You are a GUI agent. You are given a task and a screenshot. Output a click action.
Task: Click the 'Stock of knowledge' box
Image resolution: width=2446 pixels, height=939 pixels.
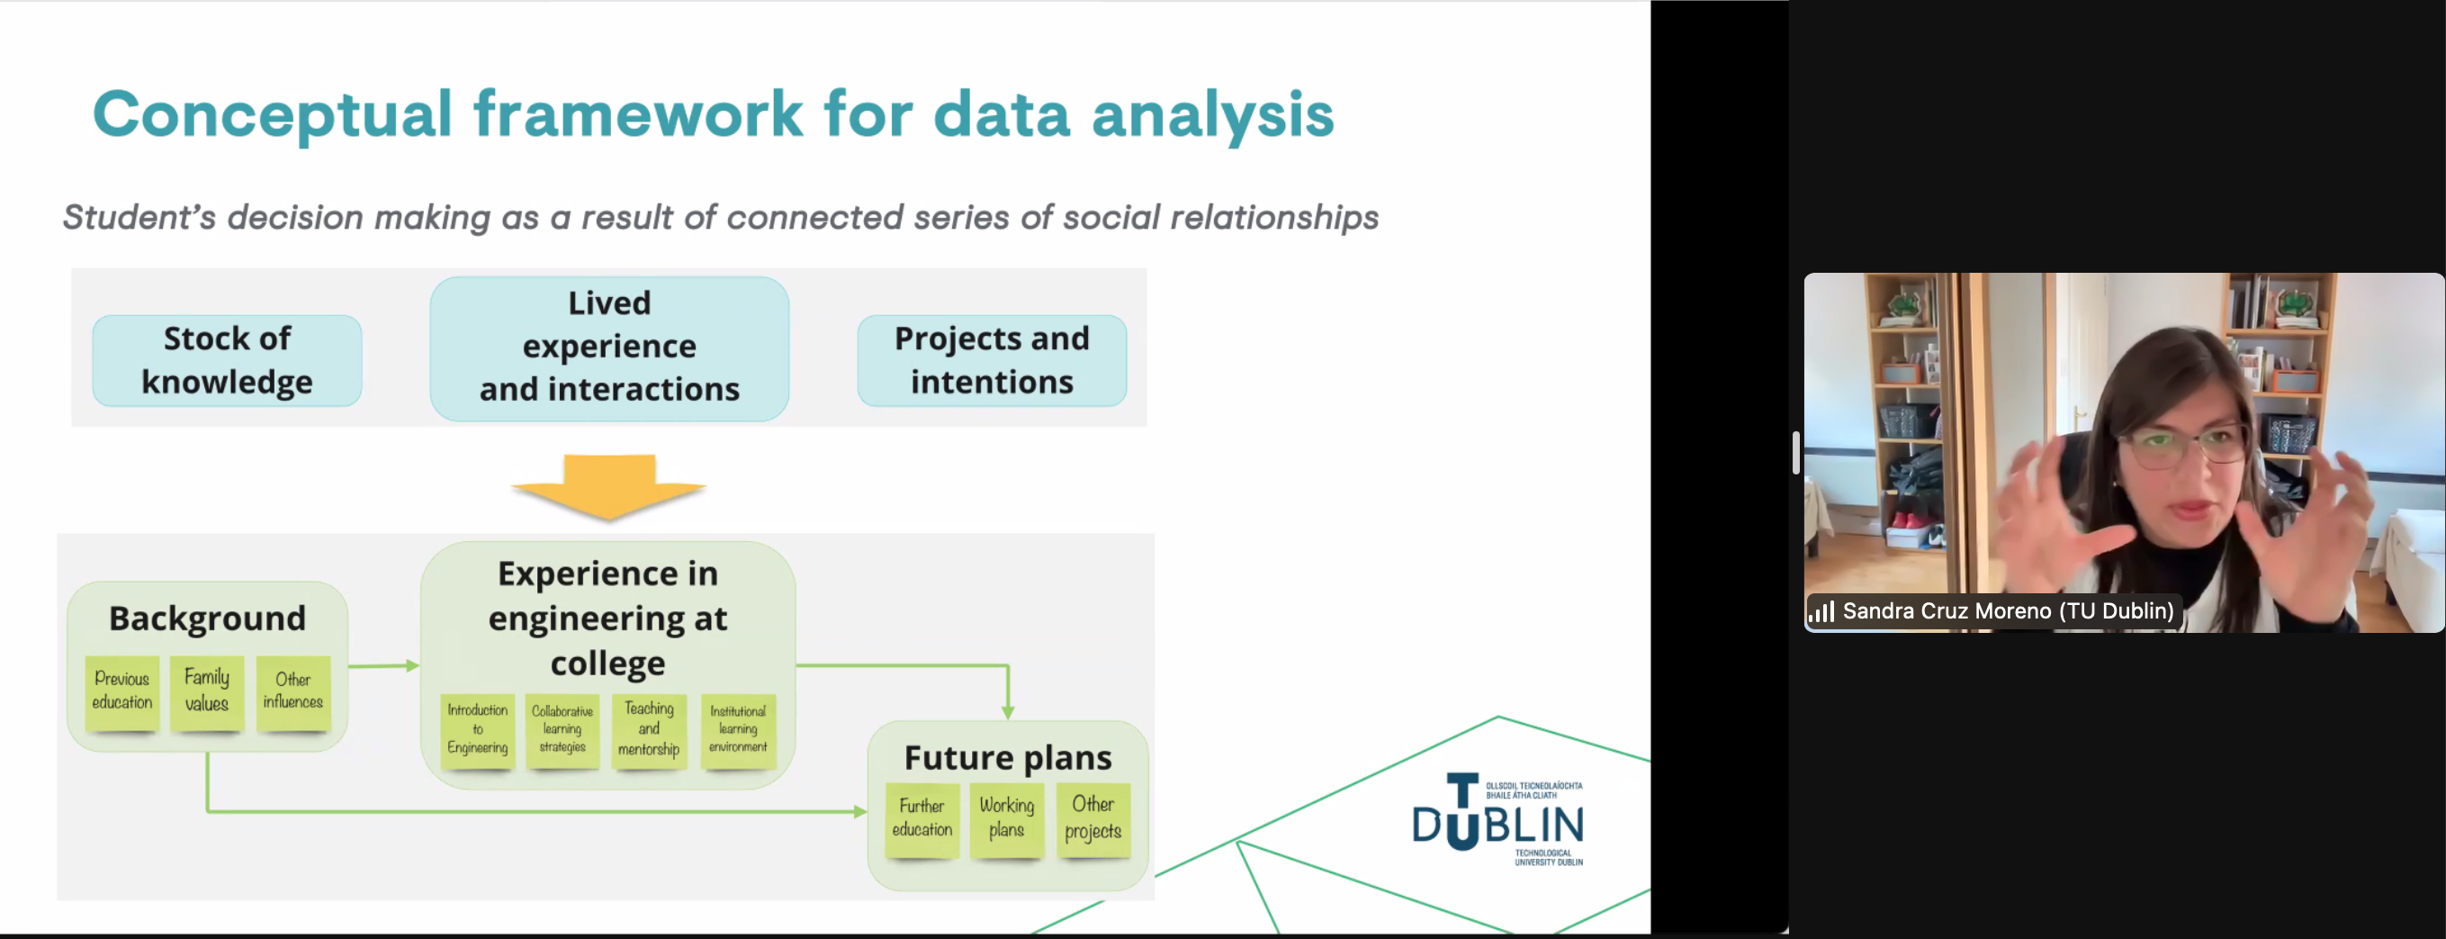tap(227, 361)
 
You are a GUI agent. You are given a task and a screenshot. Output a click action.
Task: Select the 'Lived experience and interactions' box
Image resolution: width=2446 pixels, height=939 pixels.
tap(608, 348)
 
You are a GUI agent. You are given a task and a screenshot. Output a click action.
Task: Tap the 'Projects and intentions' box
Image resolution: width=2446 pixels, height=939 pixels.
tap(992, 361)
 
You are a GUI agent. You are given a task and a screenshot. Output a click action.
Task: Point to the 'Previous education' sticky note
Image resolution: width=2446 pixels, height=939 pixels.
tap(121, 692)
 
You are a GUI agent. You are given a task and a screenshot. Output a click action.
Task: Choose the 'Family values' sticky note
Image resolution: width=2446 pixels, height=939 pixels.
tap(207, 692)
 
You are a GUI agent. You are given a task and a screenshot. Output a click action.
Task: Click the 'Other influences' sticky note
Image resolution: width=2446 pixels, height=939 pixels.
tap(292, 692)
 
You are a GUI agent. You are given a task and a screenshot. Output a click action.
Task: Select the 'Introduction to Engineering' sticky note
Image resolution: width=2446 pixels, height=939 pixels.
tap(478, 729)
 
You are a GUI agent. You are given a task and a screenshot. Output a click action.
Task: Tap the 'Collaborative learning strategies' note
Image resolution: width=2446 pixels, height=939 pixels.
tap(562, 729)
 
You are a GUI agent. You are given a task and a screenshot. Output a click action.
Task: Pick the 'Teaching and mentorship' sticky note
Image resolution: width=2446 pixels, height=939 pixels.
tap(649, 729)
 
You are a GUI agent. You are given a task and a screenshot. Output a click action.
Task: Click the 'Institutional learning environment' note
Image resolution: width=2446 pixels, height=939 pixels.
tap(738, 729)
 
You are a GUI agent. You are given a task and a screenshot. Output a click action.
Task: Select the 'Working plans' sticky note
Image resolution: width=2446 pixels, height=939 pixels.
tap(1006, 818)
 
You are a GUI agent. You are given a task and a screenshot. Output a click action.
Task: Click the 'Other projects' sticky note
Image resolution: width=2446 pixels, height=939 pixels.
tap(1093, 818)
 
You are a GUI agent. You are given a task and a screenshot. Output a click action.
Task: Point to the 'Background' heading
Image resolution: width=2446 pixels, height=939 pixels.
tap(207, 618)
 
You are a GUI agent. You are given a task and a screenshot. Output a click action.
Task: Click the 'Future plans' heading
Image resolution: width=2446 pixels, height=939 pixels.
tap(1007, 758)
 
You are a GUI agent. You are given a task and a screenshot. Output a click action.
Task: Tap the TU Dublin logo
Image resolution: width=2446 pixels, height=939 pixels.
tap(1497, 819)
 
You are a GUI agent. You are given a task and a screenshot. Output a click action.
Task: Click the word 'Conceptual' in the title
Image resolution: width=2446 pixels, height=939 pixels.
tap(272, 114)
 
